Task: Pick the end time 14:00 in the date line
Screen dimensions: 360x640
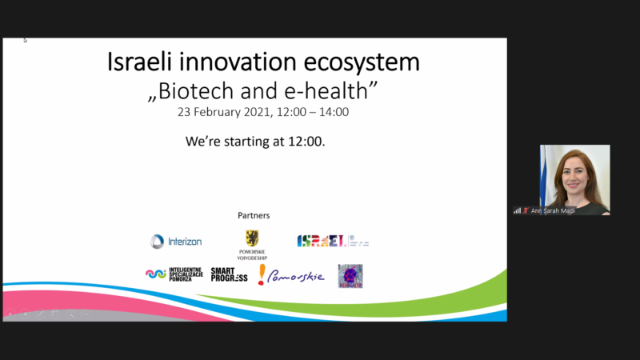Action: click(333, 112)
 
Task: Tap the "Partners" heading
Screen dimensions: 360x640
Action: click(254, 215)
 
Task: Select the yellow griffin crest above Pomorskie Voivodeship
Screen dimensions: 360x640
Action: click(252, 237)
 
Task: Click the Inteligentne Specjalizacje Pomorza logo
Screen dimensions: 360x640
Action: click(174, 274)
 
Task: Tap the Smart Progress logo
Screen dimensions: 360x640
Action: click(229, 274)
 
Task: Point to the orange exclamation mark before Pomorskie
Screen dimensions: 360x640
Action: click(261, 275)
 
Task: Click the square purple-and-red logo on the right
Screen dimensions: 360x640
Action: click(350, 275)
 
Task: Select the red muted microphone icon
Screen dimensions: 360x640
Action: click(526, 211)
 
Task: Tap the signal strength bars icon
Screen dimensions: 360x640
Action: click(517, 211)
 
